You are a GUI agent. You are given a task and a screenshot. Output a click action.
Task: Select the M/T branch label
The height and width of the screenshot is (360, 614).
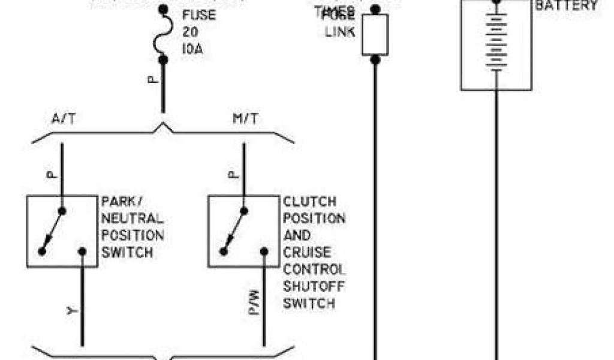coord(245,119)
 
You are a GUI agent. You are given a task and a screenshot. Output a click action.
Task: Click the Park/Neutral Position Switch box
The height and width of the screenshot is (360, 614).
coord(62,231)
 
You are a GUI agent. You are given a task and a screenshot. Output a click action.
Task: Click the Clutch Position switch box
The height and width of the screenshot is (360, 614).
coord(243,231)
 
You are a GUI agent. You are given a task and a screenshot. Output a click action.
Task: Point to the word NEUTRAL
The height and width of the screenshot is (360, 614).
coord(133,218)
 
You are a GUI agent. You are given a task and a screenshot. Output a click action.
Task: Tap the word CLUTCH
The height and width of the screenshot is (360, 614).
coord(309,202)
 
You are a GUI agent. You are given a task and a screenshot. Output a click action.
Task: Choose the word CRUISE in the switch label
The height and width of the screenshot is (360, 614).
coord(306,252)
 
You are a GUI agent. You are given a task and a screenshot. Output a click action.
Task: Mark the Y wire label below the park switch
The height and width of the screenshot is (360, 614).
coord(71,311)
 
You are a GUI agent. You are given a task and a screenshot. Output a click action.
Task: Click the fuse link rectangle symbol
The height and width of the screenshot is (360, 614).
coord(375,35)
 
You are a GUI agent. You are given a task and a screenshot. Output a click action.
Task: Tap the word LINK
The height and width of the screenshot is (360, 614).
coord(340,31)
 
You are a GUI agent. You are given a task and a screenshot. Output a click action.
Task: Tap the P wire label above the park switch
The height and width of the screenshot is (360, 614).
coord(52,174)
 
